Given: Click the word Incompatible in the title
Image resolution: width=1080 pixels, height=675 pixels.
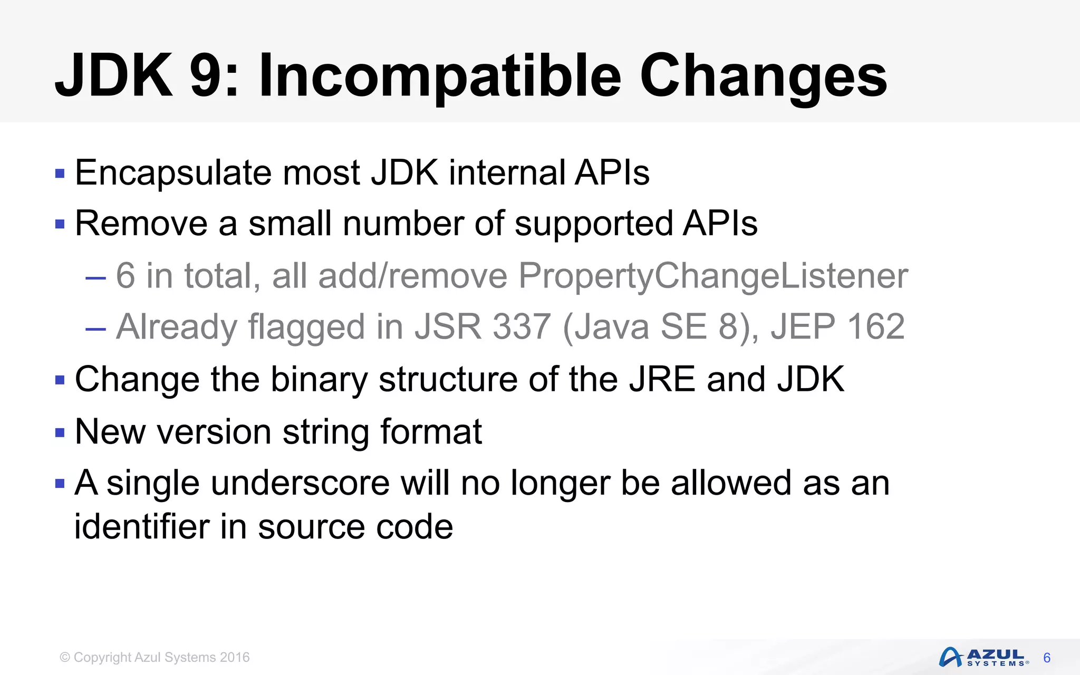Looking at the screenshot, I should coord(440,77).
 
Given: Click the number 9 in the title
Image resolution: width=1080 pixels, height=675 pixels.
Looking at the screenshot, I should coord(209,77).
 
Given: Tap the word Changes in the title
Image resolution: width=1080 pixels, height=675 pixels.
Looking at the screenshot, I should coord(764,77).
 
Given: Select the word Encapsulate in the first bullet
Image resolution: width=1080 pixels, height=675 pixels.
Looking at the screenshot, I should coord(173,173).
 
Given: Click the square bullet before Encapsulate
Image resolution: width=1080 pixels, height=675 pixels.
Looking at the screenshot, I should coord(60,173).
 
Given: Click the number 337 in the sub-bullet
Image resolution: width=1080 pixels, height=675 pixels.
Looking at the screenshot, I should coord(522,326).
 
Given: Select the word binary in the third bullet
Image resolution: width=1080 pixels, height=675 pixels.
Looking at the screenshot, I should coord(319,379).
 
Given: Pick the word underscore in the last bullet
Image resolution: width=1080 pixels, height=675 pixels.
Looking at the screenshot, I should coord(300,483).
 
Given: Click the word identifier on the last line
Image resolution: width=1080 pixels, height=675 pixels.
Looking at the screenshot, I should coord(142,526).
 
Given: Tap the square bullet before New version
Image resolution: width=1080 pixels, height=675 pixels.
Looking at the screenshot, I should coord(60,433).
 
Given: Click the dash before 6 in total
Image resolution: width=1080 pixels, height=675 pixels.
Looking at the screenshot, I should coord(95,276).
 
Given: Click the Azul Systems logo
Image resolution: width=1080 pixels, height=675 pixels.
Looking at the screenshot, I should coord(983,657).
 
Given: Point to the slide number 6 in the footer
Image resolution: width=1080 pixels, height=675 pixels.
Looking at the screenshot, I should coord(1047,658).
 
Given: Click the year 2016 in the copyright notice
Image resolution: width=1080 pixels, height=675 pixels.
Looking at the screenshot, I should coord(235,658).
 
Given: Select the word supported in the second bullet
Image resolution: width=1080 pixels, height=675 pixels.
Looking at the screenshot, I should coord(593,224).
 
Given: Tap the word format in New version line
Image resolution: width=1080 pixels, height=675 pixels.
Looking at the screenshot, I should coord(431,432).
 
